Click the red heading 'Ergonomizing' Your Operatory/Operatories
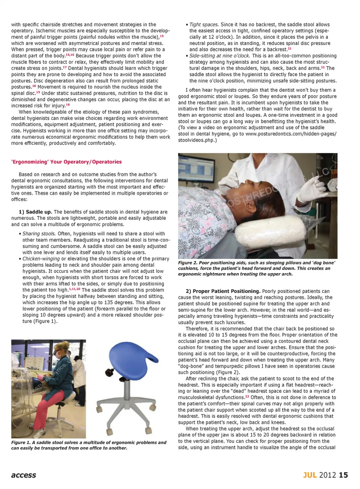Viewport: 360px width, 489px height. (66, 162)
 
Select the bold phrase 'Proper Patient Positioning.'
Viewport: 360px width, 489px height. (223, 291)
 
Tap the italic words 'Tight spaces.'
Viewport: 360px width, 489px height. (204, 25)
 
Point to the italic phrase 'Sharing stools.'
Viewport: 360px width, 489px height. (39, 234)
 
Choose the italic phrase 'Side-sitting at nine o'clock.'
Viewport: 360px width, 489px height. (219, 56)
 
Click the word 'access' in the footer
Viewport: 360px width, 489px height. (24, 475)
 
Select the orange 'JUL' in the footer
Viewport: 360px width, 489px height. (310, 475)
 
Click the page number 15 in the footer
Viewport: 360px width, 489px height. (343, 475)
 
